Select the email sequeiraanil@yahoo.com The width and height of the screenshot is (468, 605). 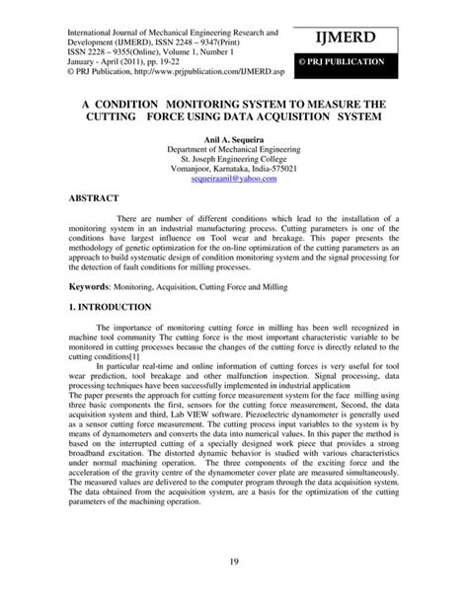click(234, 181)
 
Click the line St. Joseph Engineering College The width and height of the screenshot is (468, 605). click(234, 159)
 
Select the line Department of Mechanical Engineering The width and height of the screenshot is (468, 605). click(234, 148)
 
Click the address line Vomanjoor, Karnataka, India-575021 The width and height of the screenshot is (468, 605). click(234, 170)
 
